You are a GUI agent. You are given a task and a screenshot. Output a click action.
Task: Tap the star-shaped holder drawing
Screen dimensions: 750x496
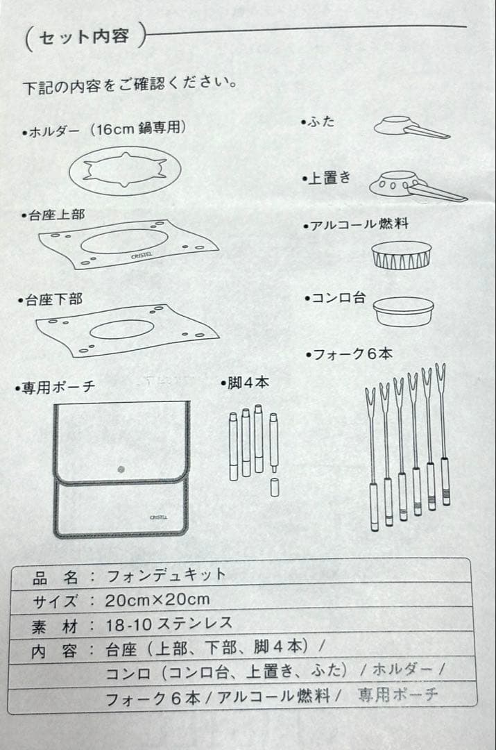coord(125,169)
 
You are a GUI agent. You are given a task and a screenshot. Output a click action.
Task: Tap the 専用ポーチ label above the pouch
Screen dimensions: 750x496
coord(55,387)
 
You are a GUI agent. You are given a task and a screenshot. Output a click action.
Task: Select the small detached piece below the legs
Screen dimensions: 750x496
coord(274,487)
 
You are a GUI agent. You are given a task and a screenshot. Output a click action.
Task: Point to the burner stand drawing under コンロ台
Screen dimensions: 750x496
coord(402,312)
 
